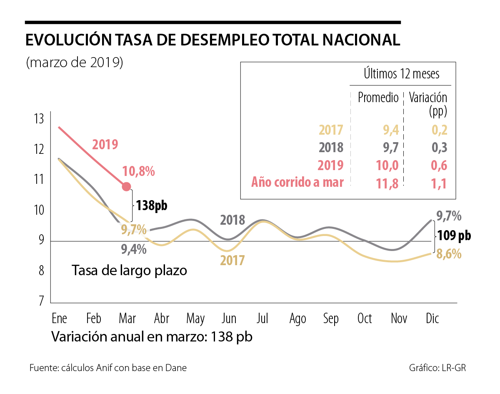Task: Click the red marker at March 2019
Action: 126,186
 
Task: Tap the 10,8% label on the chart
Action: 139,171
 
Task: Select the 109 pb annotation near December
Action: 455,236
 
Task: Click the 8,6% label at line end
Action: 449,253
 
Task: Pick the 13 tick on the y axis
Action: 39,119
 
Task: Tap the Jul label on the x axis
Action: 262,319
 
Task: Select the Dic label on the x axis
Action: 432,319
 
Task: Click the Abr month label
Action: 162,319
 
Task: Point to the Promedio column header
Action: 378,98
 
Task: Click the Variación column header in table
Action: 428,98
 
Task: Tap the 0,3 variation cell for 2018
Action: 438,148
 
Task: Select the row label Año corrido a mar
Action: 297,183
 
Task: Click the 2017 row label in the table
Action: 331,130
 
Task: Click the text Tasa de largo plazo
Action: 130,270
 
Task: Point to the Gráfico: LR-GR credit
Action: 437,368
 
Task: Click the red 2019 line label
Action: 105,145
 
